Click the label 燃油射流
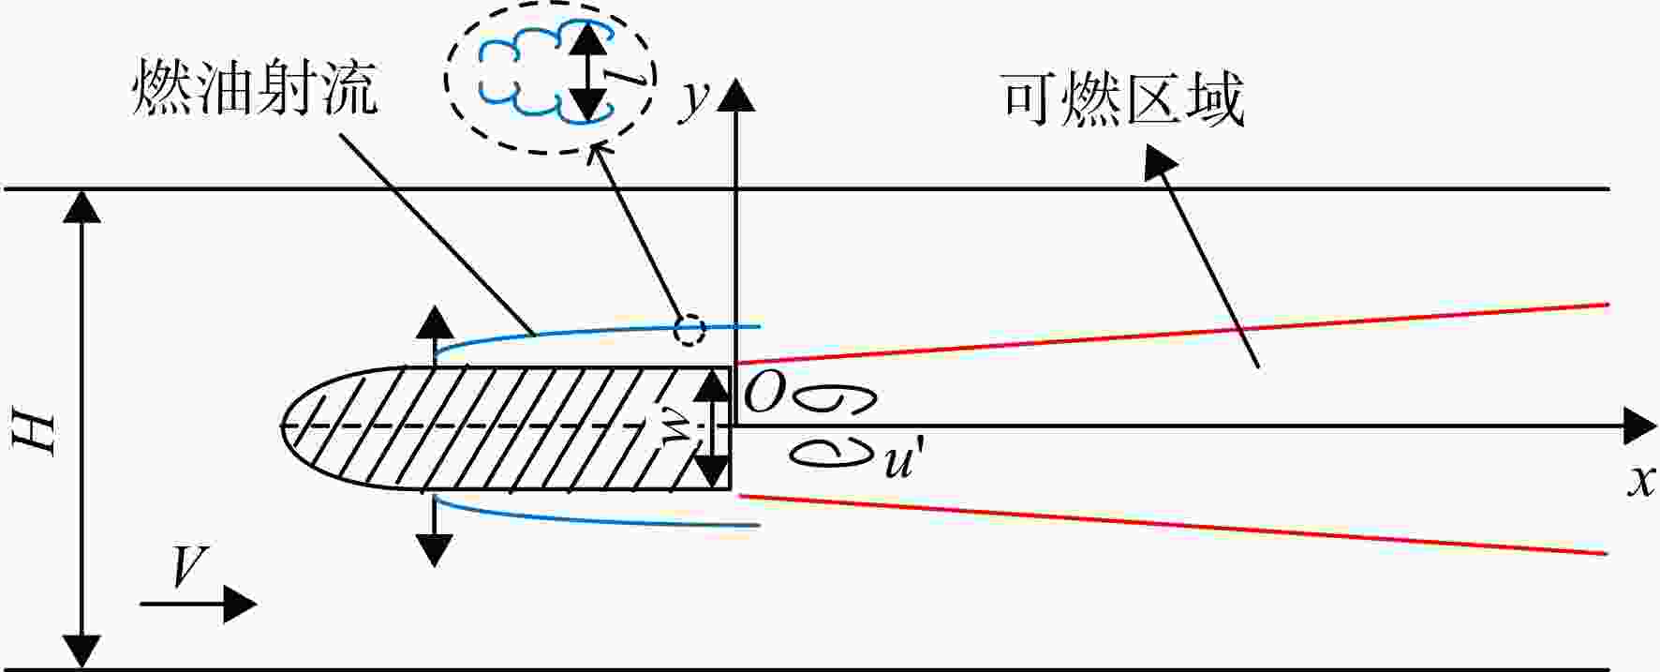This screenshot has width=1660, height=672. [255, 88]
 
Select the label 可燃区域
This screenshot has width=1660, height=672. [1123, 100]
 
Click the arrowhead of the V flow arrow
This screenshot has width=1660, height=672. [241, 605]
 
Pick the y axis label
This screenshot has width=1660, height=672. [693, 98]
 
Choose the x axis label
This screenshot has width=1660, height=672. [1640, 480]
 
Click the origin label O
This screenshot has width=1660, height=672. [763, 396]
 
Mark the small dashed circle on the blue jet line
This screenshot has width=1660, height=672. [689, 330]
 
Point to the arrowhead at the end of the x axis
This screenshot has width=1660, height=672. [1640, 427]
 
